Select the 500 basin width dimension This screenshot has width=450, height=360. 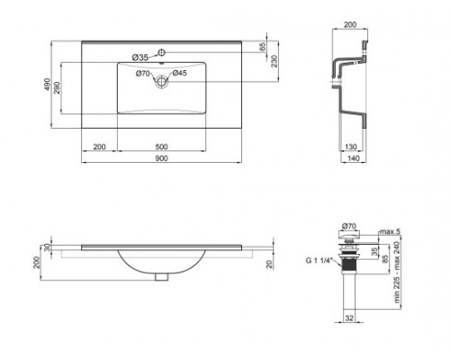(163, 145)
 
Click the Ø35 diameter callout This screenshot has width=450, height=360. (140, 58)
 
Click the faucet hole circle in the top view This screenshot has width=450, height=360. (163, 50)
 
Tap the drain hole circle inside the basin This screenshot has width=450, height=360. (163, 80)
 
